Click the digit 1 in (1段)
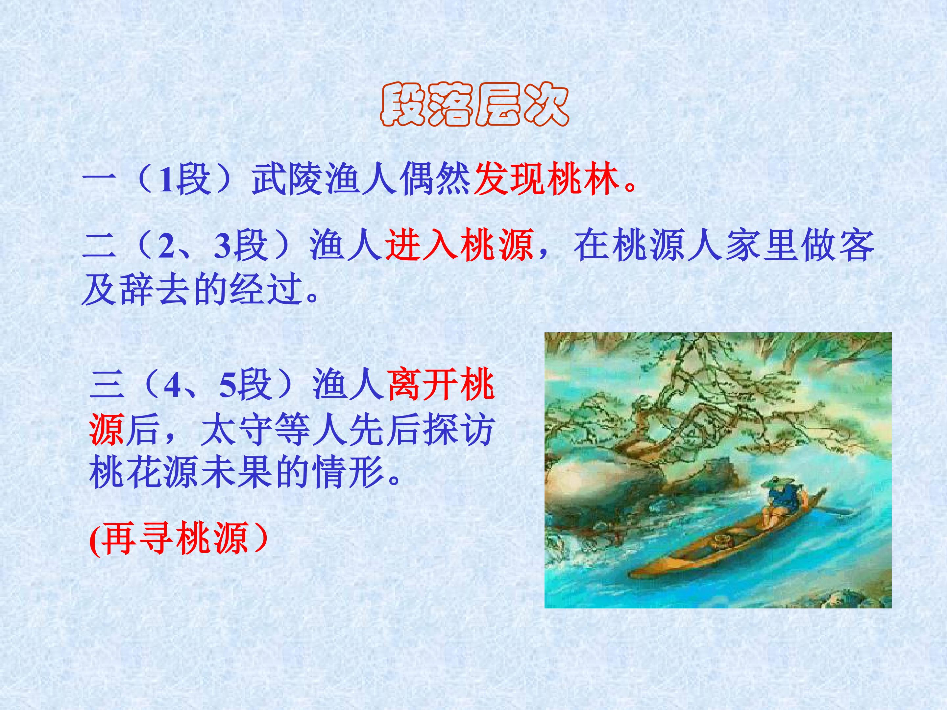click(166, 180)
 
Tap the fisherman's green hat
click(773, 485)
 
